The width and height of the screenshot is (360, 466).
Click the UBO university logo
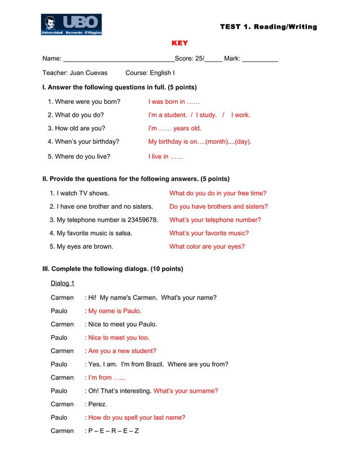point(71,25)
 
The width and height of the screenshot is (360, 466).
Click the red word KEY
point(180,43)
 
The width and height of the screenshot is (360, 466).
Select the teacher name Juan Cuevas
point(88,73)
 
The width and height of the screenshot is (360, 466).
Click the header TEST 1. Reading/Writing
point(268,27)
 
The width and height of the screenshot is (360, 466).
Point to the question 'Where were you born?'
point(84,102)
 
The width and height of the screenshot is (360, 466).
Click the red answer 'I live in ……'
point(165,156)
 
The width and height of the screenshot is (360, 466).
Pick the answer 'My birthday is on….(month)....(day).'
point(200,142)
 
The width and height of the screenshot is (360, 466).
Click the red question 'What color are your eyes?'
point(207,246)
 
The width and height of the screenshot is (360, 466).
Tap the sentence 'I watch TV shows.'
point(79,193)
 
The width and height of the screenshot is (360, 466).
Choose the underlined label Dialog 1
point(63,283)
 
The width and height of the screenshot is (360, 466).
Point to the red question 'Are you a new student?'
point(122,351)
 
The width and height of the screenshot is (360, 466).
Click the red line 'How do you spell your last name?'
point(137,417)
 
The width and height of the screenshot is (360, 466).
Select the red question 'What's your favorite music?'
point(209,233)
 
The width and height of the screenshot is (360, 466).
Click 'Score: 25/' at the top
point(190,59)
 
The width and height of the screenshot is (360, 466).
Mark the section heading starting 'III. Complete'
point(113,269)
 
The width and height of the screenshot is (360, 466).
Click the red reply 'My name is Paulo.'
point(115,311)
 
